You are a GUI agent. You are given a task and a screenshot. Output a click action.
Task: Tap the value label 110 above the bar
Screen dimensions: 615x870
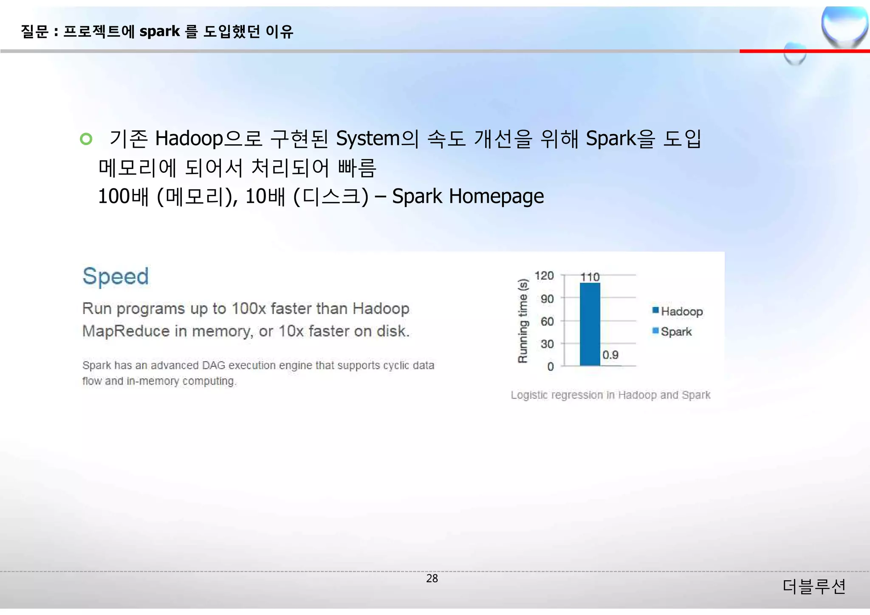click(590, 277)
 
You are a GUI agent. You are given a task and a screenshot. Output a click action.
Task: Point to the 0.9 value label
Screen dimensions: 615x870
click(610, 355)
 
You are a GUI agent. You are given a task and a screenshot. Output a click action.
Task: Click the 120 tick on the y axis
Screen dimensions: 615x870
click(544, 276)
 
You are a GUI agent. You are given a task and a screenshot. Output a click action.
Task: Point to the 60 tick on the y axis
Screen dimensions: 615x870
click(547, 322)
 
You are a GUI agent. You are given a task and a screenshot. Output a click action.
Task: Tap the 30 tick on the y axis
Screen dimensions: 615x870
click(547, 344)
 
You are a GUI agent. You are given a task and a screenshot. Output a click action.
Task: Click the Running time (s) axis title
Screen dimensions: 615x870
click(523, 321)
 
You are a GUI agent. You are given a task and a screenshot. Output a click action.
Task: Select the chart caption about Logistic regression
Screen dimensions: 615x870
click(610, 395)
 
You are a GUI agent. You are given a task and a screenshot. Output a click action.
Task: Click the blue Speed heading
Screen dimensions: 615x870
click(116, 276)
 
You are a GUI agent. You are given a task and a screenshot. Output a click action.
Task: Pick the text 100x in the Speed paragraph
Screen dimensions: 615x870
click(249, 309)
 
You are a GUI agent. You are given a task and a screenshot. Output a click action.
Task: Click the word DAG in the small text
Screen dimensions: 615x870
click(213, 365)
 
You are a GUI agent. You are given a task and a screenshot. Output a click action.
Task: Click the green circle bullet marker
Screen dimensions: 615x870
click(86, 139)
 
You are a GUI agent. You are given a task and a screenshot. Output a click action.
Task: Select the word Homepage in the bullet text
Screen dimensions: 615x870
click(496, 197)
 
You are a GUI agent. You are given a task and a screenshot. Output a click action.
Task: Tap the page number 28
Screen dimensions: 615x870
click(432, 578)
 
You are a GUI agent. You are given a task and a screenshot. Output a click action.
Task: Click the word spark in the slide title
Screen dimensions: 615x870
click(160, 31)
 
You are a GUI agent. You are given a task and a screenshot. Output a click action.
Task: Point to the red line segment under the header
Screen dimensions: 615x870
click(804, 51)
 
